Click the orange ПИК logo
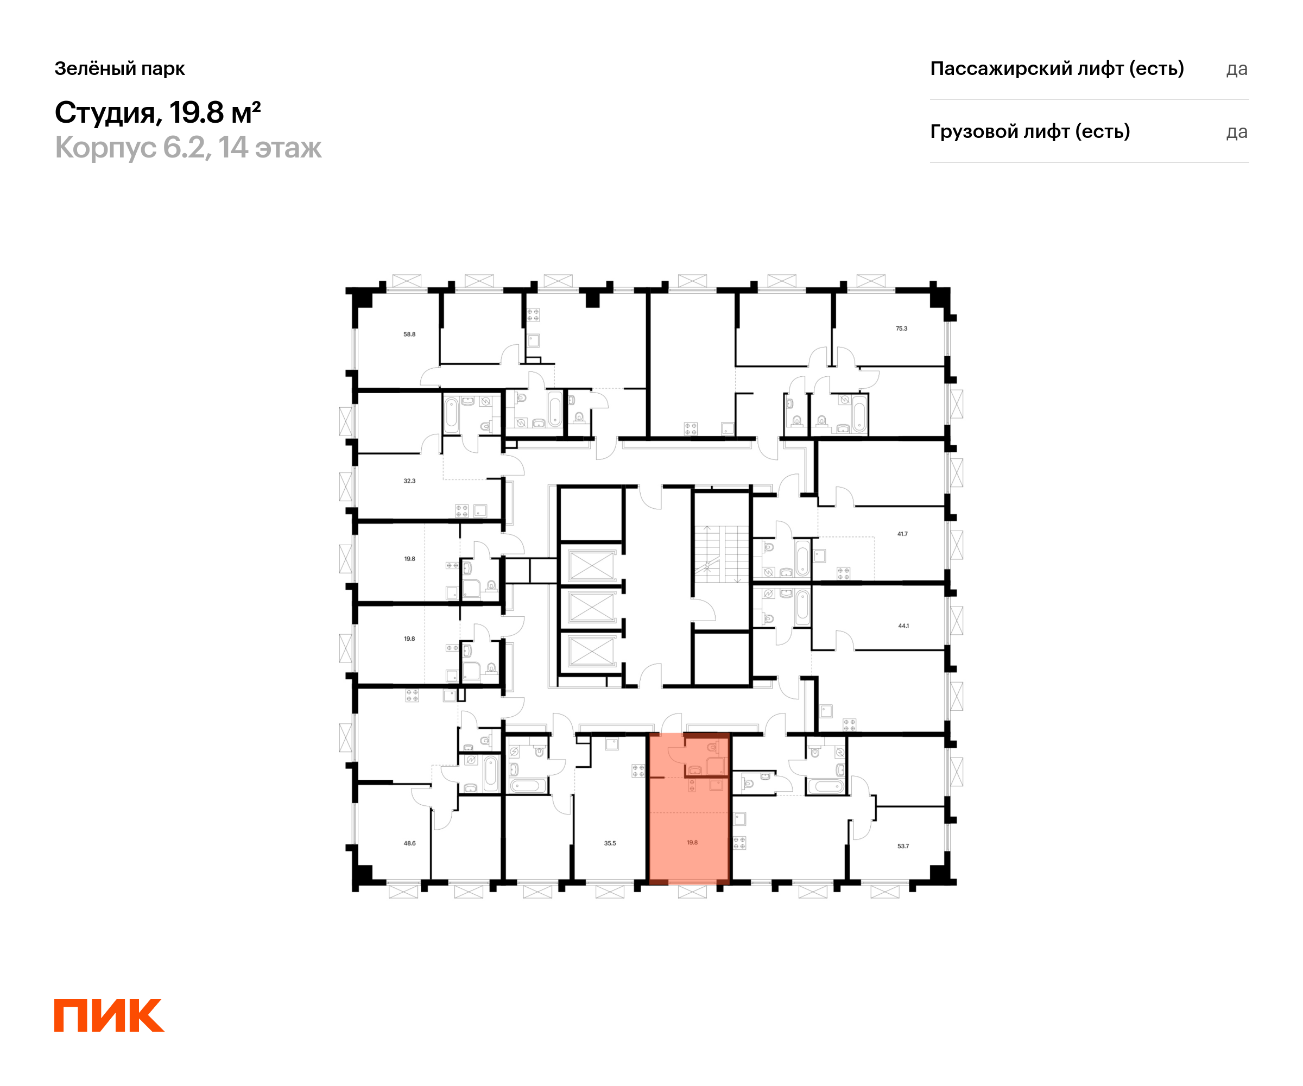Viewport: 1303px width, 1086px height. click(109, 1015)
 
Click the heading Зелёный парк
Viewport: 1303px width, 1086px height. click(120, 68)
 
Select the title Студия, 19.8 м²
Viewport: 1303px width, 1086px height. click(157, 112)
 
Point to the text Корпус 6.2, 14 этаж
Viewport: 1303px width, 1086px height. click(188, 148)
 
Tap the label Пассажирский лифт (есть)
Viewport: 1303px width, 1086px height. click(1057, 68)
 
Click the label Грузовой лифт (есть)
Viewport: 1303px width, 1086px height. click(1029, 131)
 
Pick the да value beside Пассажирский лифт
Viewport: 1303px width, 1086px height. click(1237, 69)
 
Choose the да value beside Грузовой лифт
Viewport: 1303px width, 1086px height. click(1237, 132)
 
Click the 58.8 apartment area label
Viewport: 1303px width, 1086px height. click(409, 334)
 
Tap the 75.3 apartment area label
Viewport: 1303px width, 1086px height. click(902, 329)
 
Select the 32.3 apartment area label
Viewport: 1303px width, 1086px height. click(409, 481)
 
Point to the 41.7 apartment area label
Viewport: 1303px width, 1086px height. click(902, 534)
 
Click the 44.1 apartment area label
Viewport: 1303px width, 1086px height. click(903, 626)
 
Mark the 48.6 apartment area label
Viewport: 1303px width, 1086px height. click(409, 843)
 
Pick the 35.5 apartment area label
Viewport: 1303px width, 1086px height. click(610, 843)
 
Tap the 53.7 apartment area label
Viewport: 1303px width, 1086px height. click(903, 846)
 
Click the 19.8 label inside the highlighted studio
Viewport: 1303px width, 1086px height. click(692, 843)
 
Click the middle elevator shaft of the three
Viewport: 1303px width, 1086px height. click(591, 608)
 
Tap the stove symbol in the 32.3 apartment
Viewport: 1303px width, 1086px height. click(461, 511)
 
